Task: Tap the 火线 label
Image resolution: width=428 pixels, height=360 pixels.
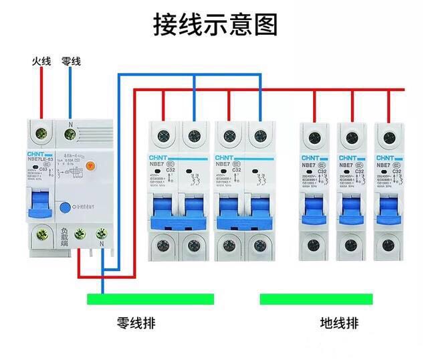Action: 41,62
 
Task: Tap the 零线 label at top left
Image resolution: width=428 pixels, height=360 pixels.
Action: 71,62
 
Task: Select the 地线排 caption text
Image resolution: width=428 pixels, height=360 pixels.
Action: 340,324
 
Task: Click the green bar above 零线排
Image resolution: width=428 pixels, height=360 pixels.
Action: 150,298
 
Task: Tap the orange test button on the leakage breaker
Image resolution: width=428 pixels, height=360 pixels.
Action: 92,165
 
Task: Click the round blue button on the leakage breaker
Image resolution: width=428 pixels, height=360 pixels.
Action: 65,208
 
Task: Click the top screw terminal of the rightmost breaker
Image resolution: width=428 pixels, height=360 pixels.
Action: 388,138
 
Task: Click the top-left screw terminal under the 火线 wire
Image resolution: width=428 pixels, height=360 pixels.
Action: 41,132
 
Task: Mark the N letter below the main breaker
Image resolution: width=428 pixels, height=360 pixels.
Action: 101,245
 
